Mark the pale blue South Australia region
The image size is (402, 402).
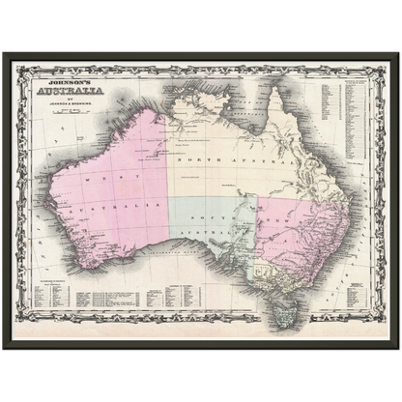click(208, 232)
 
